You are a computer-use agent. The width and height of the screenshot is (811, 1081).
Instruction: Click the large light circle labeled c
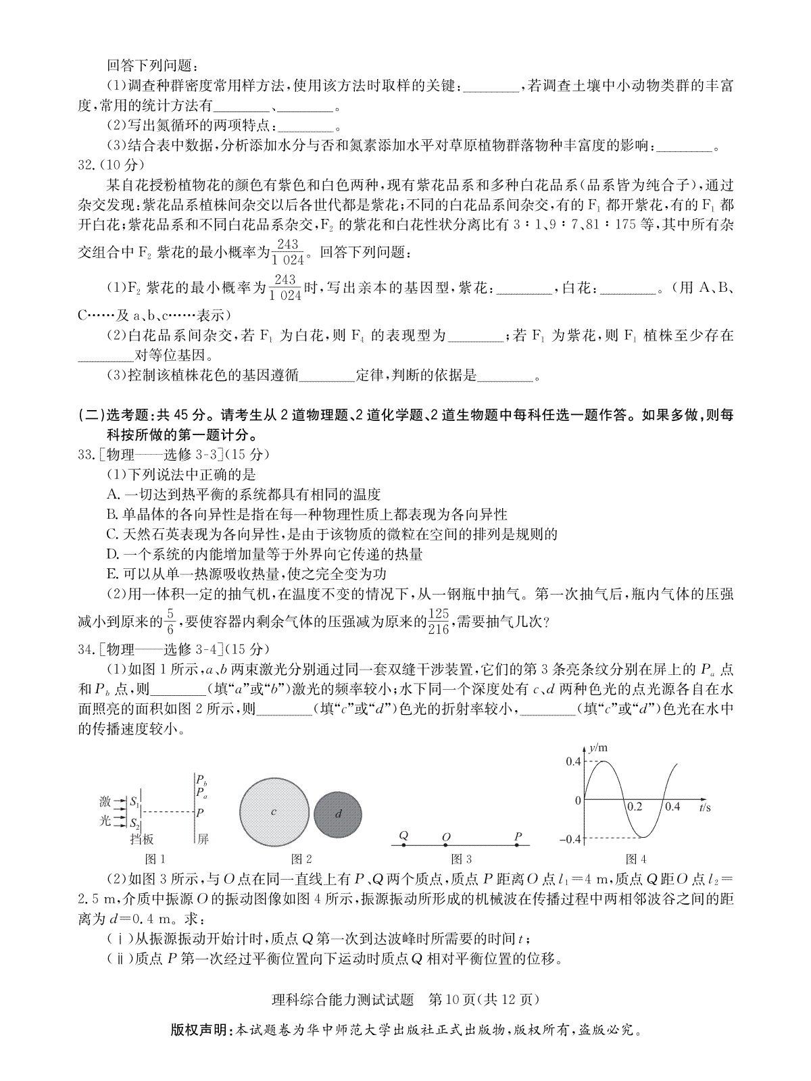coord(274,811)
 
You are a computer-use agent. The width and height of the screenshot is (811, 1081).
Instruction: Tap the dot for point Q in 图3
coord(403,845)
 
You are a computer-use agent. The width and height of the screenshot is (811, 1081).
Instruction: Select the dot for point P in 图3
coord(518,845)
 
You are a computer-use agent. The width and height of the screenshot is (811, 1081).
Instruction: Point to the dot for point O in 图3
coord(446,845)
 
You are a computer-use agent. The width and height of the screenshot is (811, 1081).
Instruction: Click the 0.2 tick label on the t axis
coord(635,806)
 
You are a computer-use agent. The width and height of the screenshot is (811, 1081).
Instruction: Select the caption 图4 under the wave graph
coord(636,859)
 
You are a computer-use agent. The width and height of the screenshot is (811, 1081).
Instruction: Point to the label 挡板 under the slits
coord(142,839)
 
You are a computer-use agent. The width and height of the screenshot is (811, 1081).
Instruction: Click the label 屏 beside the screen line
coord(203,839)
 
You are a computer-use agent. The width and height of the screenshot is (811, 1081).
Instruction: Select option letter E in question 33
coord(112,574)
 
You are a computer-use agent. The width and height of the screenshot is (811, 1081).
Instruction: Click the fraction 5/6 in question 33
coord(170,620)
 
